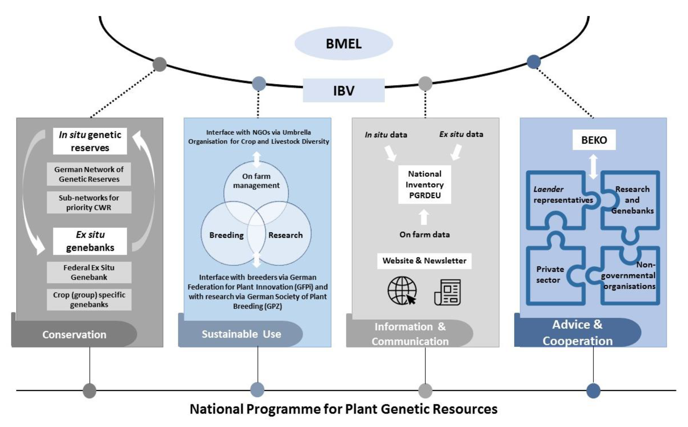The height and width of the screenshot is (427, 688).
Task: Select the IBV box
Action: point(344,90)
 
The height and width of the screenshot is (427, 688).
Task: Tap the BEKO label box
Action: point(594,140)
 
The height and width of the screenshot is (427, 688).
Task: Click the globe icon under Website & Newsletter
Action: point(402,291)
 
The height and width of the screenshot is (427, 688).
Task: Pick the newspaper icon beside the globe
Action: point(448,292)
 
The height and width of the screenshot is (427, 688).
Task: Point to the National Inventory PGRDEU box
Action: point(425,184)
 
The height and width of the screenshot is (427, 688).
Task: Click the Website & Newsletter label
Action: point(424,261)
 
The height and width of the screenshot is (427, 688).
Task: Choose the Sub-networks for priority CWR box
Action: point(89,203)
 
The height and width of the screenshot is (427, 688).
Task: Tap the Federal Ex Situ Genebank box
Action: point(89,272)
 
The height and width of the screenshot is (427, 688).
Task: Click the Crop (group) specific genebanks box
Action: point(89,299)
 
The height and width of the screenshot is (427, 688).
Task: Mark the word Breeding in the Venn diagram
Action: point(227,235)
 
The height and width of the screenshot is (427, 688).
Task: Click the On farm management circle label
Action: point(256,181)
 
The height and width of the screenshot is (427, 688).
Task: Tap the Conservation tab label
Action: point(74,334)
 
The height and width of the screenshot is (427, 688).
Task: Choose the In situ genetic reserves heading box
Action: point(90,141)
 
